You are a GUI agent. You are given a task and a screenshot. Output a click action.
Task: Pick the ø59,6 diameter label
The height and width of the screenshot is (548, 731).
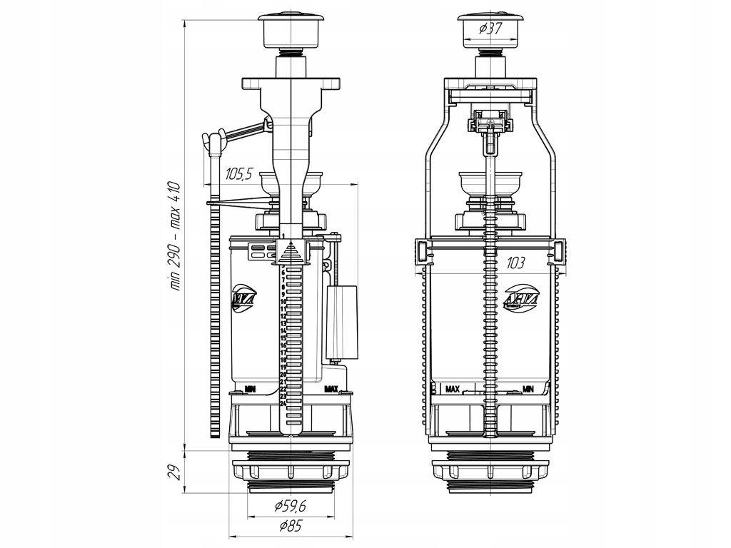291,507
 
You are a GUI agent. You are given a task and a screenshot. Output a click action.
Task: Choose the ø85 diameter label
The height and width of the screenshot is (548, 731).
291,527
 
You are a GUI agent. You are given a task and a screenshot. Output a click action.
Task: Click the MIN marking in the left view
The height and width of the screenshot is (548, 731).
250,389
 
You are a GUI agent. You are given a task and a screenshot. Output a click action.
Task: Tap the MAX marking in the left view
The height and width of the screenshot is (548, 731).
331,389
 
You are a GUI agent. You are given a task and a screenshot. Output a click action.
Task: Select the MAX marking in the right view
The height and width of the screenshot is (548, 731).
452,390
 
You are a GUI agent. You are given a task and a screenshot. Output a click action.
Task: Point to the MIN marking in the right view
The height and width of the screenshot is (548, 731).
528,390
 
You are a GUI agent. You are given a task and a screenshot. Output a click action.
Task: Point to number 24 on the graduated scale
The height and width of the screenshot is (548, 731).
283,404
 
